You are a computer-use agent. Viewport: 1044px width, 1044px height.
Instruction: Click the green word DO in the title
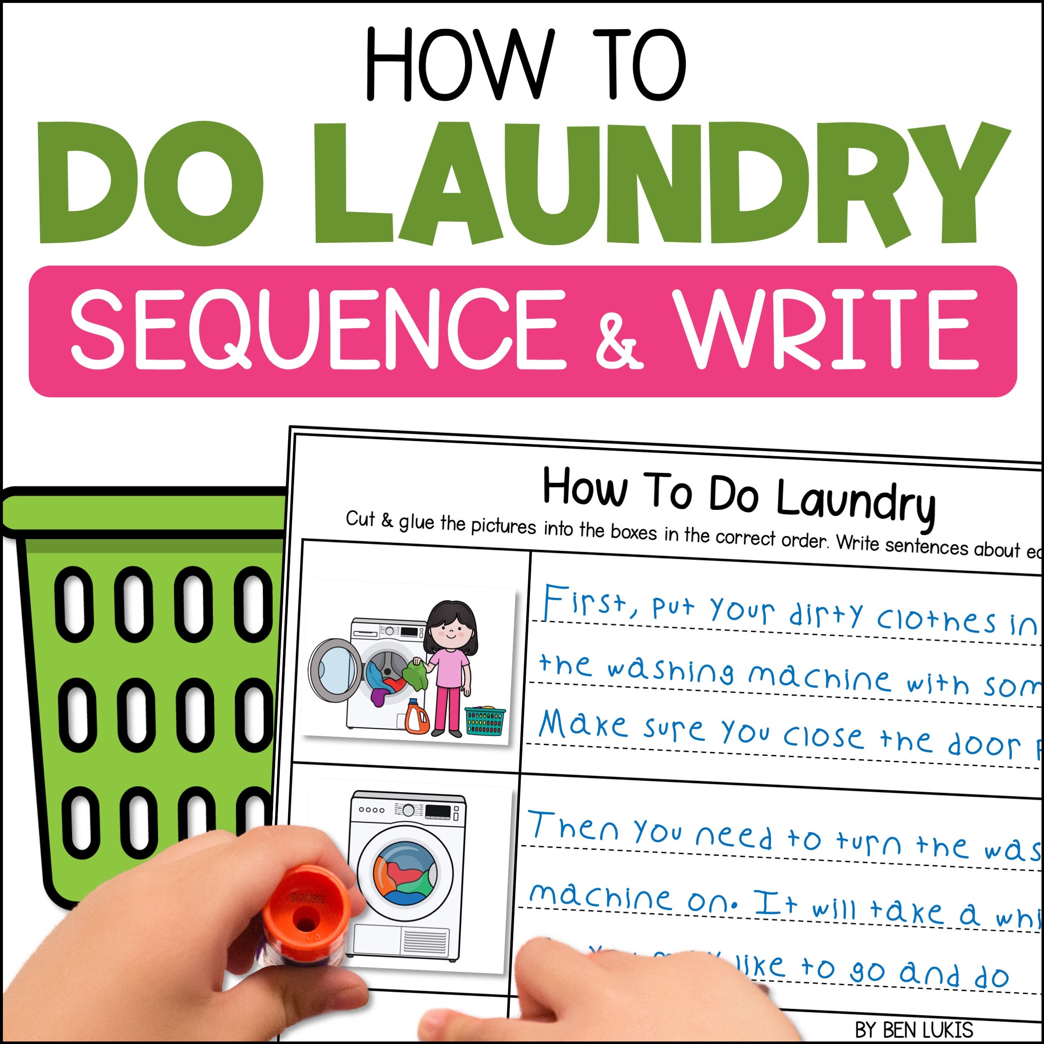click(x=151, y=184)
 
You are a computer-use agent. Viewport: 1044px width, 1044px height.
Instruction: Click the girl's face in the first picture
click(x=450, y=630)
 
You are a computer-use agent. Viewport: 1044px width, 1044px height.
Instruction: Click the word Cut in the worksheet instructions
click(x=360, y=519)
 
